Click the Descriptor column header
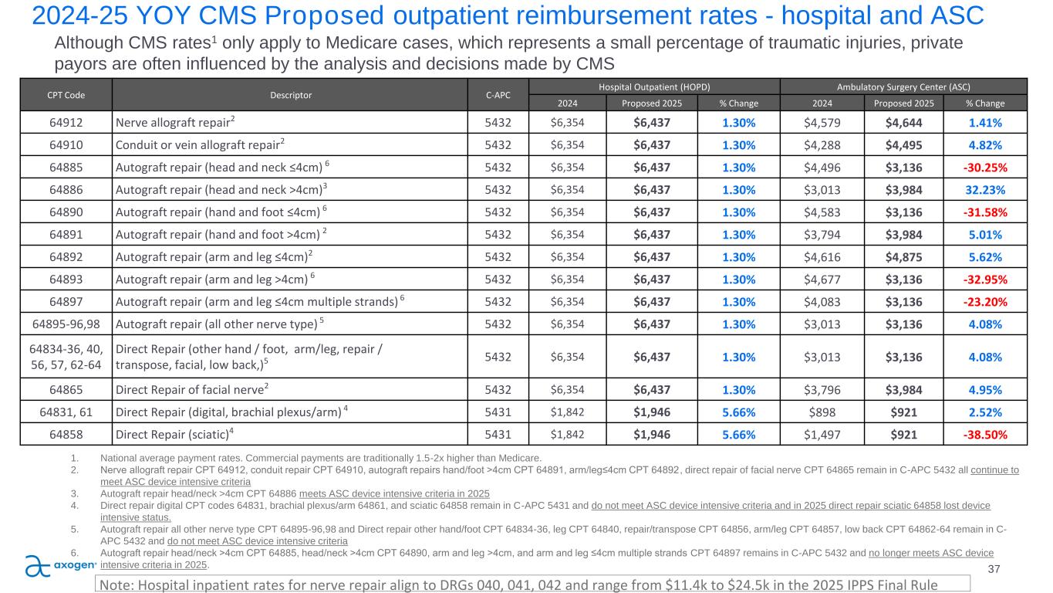[290, 95]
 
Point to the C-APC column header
[496, 95]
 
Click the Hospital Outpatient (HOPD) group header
[653, 86]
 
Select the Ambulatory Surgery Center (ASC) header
[903, 86]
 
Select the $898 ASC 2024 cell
[820, 412]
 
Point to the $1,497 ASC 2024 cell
[820, 435]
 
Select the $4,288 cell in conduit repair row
[820, 144]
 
